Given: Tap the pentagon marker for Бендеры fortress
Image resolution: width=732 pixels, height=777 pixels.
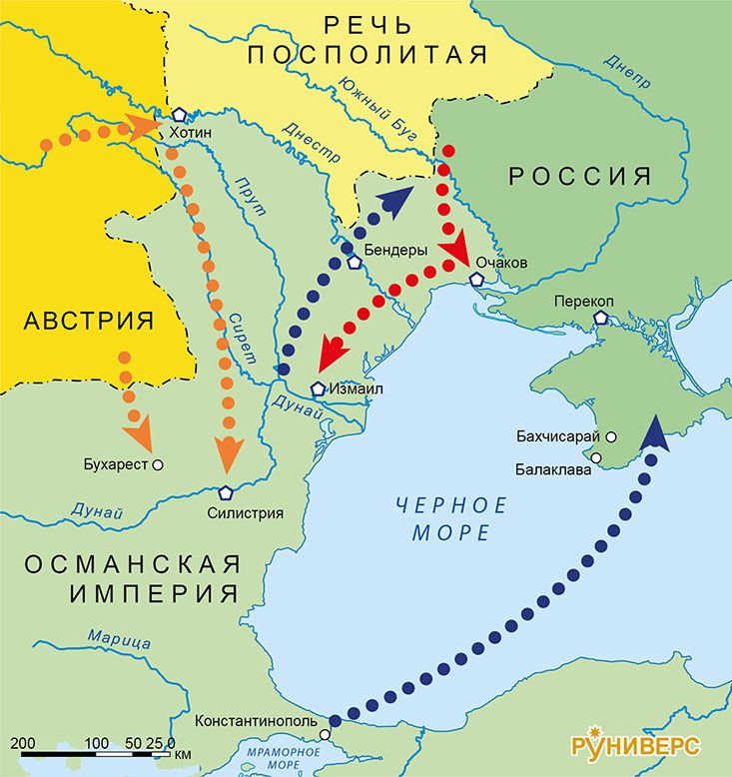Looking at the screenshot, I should [355, 264].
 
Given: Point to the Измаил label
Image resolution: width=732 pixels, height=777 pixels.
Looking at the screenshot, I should [356, 389].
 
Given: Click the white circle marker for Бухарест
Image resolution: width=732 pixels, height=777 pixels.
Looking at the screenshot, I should [158, 464].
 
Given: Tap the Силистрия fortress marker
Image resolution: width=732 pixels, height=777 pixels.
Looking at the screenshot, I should [226, 492].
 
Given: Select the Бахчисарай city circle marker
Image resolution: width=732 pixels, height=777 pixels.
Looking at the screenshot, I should [611, 436].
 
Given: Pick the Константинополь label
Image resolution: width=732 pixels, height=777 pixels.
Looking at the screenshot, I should [256, 720].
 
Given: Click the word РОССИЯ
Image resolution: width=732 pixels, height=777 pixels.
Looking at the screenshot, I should [580, 177].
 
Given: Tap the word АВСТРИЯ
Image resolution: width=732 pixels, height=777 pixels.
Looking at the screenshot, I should [89, 321].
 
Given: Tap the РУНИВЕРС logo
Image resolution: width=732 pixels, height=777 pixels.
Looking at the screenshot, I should [635, 745].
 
